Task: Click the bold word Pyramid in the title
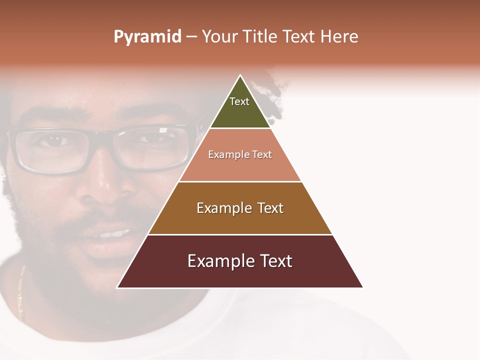coord(147,37)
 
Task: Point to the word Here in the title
coord(339,37)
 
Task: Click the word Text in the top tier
coord(239,101)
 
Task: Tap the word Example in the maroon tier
coord(216,261)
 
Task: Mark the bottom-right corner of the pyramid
coord(363,287)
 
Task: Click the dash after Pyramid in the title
coord(191,37)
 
